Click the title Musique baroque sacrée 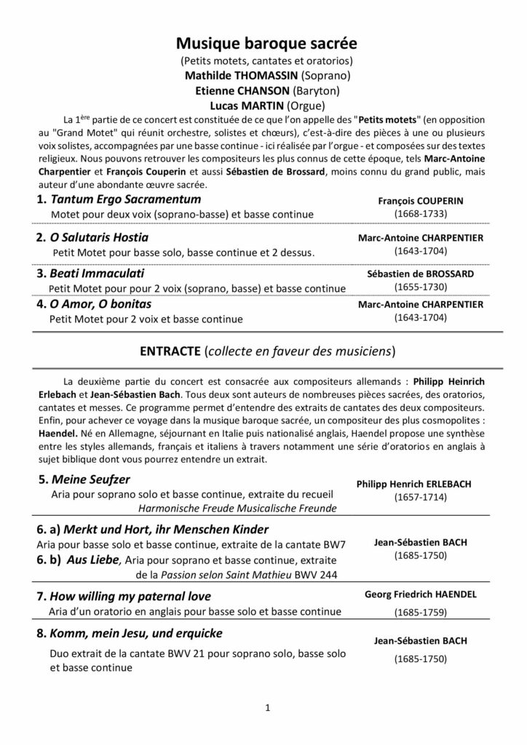point(263,44)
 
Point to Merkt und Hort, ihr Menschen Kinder point(159,529)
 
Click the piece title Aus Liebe point(91,559)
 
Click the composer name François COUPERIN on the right point(421,200)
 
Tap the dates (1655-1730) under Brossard point(421,287)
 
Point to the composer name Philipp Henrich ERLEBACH point(421,484)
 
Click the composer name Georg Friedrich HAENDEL point(421,594)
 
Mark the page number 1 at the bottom point(268,706)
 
